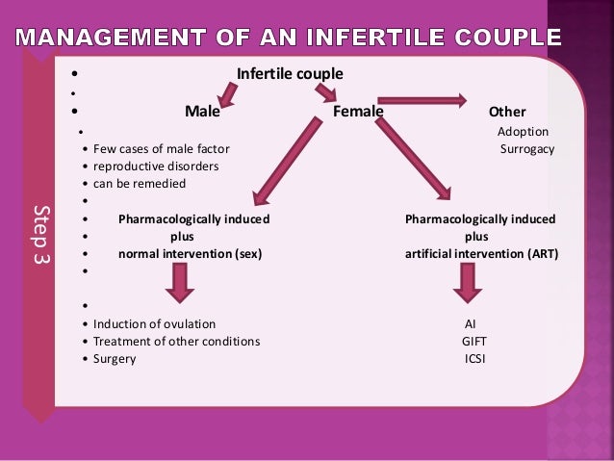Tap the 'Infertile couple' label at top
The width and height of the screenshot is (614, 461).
point(290,74)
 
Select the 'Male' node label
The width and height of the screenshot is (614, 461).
point(202,112)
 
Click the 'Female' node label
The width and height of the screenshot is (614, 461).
point(358,112)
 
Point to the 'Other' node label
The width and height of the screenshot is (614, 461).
point(507,112)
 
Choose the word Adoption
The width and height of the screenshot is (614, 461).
point(523,131)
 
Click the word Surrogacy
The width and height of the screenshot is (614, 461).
point(527,149)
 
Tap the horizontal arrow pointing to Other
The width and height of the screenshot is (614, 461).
point(422,99)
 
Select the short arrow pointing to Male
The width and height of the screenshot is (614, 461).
point(228,93)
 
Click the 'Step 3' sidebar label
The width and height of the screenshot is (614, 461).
point(39,235)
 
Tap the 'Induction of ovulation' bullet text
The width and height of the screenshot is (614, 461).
point(154,324)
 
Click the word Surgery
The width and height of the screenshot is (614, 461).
point(115,359)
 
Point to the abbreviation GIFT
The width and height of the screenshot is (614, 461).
point(473,342)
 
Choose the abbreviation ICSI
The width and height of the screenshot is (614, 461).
point(473,359)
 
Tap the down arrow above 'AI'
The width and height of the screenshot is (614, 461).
point(469,282)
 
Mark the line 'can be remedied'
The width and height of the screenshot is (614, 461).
point(140,184)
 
